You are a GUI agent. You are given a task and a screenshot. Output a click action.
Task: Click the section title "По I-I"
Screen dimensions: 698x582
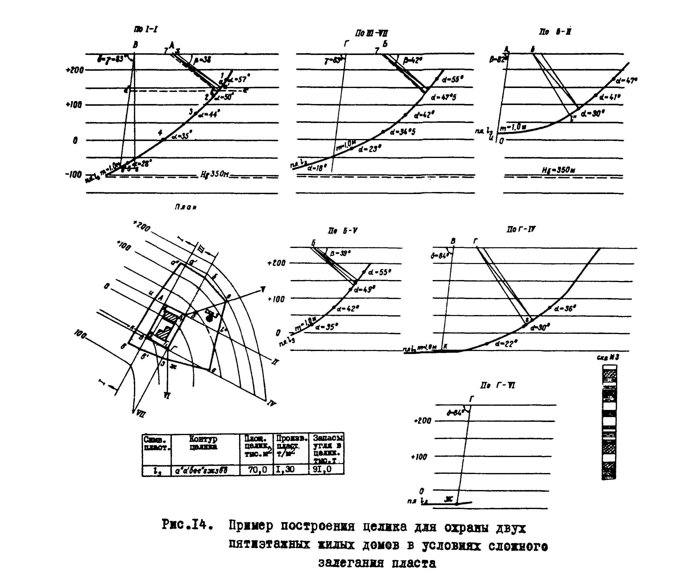click(x=146, y=30)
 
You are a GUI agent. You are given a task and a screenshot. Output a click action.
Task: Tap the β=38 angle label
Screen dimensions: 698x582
click(x=203, y=60)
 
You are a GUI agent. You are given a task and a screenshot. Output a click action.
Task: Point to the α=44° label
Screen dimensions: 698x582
click(x=209, y=114)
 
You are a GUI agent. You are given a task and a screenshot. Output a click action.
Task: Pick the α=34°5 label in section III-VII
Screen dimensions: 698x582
click(x=403, y=132)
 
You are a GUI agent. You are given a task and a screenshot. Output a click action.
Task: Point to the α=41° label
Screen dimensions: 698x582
click(x=610, y=97)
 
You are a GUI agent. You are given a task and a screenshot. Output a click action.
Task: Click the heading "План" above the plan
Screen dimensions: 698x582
click(x=185, y=207)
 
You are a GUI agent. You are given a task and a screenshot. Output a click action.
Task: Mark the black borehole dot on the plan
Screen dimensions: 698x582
click(x=209, y=318)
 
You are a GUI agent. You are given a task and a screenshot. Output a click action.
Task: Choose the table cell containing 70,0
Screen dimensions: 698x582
click(x=257, y=470)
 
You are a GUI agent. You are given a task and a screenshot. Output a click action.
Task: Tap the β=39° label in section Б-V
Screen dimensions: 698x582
click(x=340, y=253)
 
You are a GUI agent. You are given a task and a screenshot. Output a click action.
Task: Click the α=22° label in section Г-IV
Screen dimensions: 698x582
click(x=506, y=343)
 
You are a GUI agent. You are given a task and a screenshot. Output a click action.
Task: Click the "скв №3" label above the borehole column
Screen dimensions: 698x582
click(x=608, y=358)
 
